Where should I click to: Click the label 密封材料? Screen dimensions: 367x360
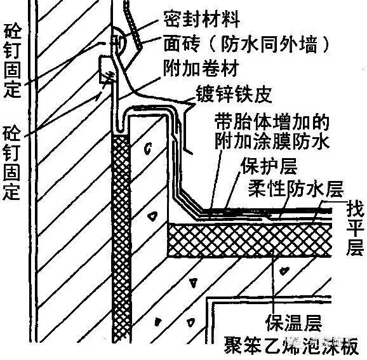[x=201, y=18]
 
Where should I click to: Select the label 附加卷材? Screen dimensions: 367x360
[x=201, y=68]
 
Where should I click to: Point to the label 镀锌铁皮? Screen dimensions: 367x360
[x=234, y=94]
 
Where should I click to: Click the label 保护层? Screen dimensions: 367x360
[x=269, y=166]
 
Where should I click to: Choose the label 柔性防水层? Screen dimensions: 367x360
[x=296, y=189]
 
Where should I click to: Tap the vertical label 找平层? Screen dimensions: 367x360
[x=356, y=230]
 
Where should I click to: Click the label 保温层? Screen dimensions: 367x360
[x=294, y=322]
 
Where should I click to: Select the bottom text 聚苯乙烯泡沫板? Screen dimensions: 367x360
[x=291, y=345]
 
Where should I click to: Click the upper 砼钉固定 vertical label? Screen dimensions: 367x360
[x=13, y=62]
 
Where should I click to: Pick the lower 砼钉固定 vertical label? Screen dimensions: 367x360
[x=11, y=163]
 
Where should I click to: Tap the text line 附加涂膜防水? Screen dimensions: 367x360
[x=272, y=141]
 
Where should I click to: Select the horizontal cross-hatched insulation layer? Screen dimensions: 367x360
[x=250, y=240]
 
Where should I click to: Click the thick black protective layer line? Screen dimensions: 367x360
[x=267, y=211]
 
